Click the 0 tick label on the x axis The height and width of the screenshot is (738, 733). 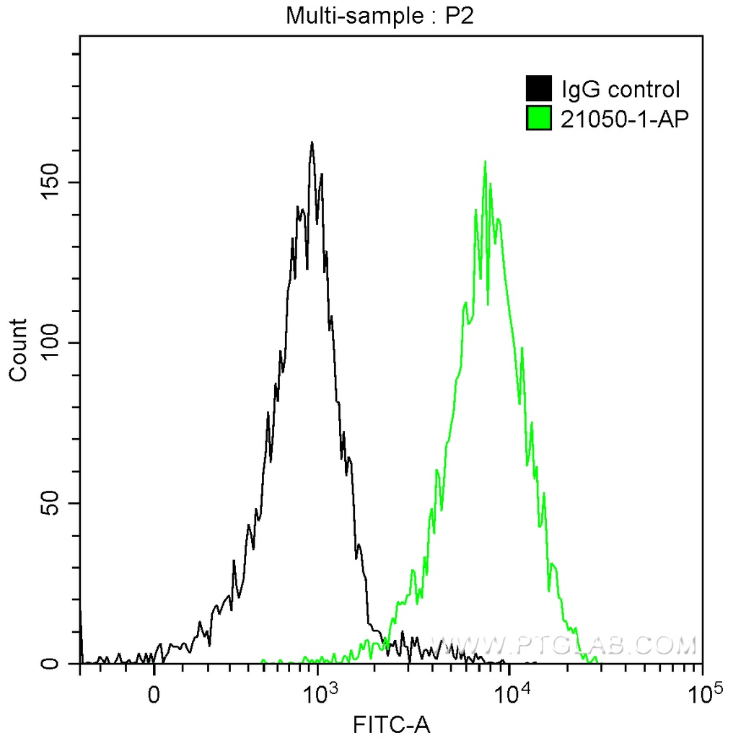[154, 695]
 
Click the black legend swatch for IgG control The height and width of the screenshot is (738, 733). [539, 89]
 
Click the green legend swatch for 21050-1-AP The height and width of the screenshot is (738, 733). [539, 118]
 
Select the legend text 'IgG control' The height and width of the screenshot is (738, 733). [620, 90]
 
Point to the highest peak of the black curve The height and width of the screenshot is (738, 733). [312, 143]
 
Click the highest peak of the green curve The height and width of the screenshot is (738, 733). [485, 162]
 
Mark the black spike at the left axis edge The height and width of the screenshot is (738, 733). [80, 627]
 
